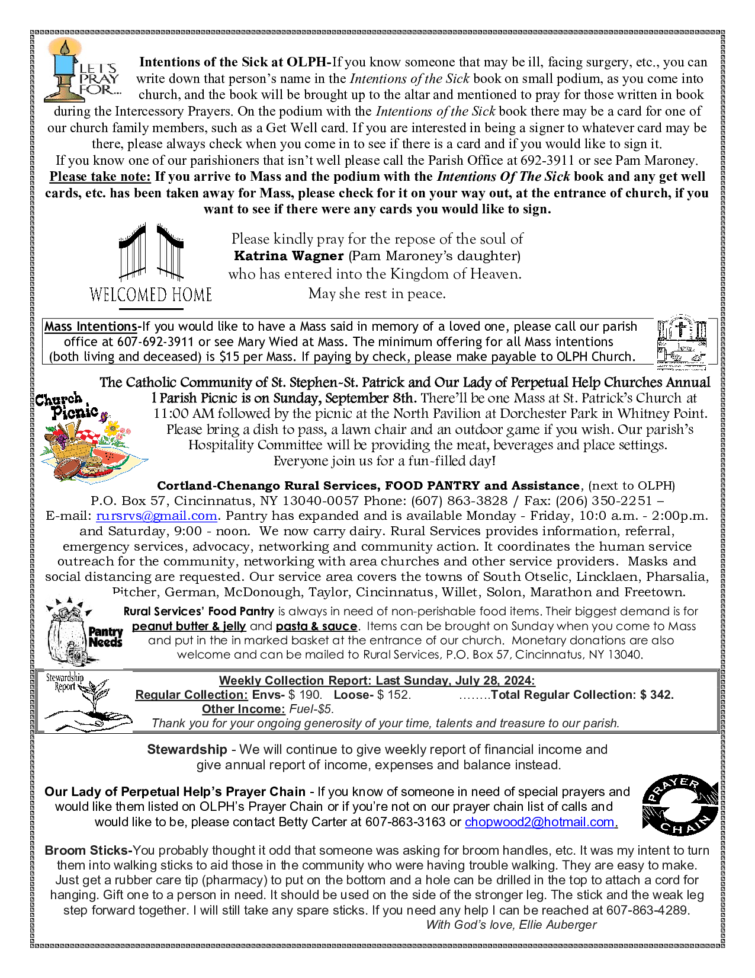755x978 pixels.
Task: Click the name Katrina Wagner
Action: click(289, 256)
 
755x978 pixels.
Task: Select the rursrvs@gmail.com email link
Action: click(156, 516)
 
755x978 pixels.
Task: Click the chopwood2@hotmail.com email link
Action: click(541, 822)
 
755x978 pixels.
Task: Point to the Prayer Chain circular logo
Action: click(680, 805)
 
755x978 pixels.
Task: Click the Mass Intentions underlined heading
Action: click(91, 327)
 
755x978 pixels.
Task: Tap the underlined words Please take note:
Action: click(100, 177)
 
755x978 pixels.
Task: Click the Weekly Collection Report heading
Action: click(377, 680)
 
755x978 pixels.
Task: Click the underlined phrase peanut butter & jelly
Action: click(188, 627)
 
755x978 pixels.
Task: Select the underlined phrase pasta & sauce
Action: click(316, 627)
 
